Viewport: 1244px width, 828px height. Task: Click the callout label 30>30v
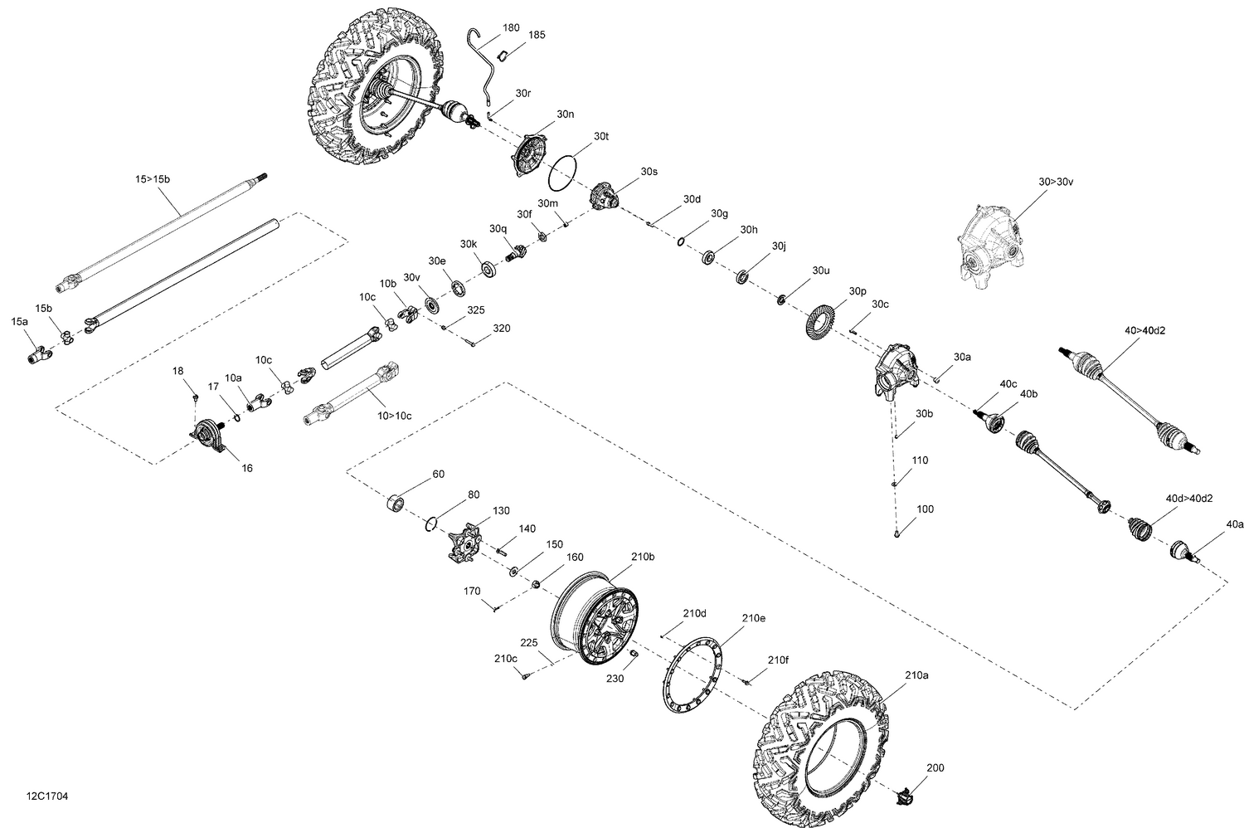pos(1056,181)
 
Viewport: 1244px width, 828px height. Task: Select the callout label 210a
pos(916,675)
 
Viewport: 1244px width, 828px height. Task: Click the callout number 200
pos(935,768)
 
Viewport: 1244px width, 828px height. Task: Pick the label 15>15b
pos(158,179)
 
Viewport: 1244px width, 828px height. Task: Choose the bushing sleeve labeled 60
pos(397,503)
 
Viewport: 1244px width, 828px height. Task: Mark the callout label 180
pos(512,27)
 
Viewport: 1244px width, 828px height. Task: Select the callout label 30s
pos(649,172)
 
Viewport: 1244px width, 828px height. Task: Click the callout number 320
pos(501,329)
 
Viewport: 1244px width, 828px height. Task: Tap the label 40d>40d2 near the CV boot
pos(1189,499)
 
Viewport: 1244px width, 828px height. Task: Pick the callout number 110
pos(920,460)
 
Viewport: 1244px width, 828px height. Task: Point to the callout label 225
pos(529,641)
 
